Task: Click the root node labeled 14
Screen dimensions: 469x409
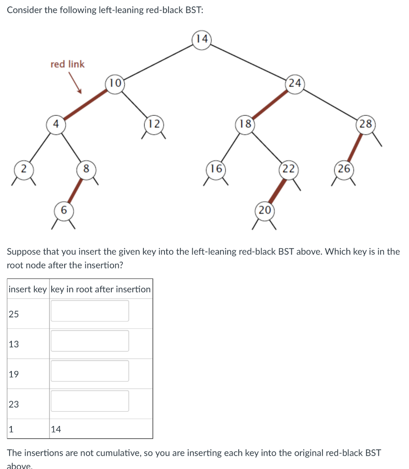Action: coord(202,39)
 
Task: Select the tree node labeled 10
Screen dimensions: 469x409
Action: coord(115,83)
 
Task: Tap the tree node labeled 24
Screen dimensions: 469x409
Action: coord(295,83)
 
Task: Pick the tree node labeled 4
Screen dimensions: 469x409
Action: coord(56,124)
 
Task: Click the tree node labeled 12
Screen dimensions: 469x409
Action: coord(154,124)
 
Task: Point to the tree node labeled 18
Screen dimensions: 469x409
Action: coord(245,124)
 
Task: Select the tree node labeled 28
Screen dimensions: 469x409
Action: coord(366,124)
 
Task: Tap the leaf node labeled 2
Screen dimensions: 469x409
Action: coord(22,169)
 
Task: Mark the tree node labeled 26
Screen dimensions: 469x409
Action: coord(344,169)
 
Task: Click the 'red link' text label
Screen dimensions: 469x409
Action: coord(67,64)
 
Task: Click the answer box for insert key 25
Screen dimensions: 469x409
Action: coord(90,311)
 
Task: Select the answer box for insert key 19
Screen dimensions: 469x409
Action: coord(90,371)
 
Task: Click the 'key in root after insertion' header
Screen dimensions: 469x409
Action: coord(101,289)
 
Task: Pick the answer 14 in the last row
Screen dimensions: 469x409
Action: coord(56,429)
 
